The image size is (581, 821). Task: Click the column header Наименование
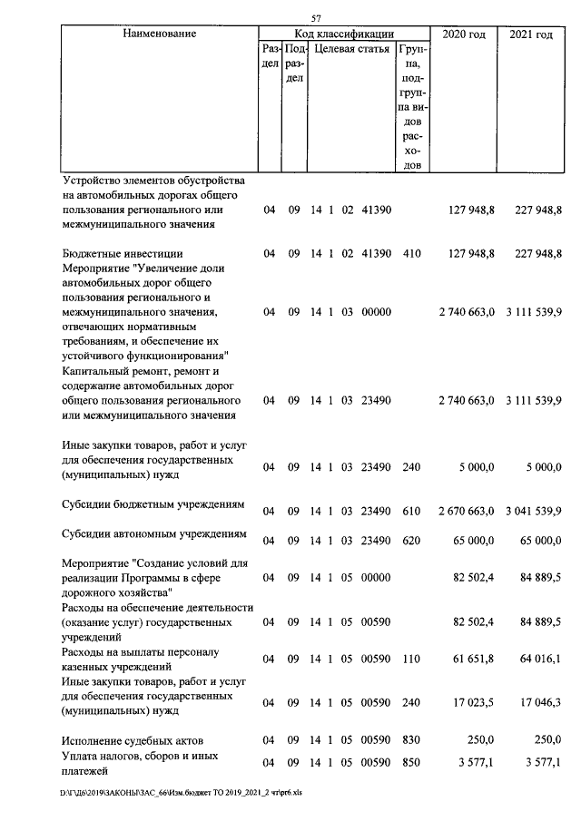tap(159, 34)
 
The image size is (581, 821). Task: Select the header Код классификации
tap(342, 33)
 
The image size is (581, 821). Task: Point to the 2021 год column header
tap(532, 34)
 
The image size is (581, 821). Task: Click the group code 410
tap(411, 254)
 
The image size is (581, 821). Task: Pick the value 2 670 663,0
tap(466, 512)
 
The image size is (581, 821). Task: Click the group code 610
tap(411, 512)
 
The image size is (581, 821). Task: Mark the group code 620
tap(411, 541)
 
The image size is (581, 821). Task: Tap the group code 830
tap(411, 740)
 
